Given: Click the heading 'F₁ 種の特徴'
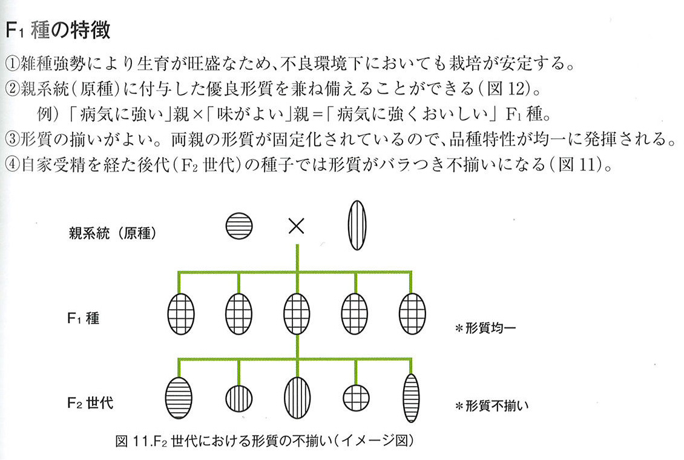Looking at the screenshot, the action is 58,30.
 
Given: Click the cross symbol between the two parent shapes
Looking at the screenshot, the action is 296,226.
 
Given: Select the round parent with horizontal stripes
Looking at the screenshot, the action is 239,226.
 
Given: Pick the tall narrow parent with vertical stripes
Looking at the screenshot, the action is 357,225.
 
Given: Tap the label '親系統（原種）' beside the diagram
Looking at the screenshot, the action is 113,233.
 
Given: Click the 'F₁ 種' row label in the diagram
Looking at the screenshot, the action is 84,318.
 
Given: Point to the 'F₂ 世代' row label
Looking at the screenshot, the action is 90,402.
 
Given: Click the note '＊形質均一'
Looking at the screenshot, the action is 485,328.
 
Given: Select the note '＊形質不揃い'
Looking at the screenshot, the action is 492,406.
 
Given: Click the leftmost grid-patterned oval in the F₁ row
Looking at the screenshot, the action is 181,314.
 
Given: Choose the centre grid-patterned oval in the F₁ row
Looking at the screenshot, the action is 297,314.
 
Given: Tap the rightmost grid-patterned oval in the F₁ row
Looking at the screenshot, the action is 412,314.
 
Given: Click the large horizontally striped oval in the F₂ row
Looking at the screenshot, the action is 179,398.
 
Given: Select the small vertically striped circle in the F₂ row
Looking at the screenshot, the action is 239,398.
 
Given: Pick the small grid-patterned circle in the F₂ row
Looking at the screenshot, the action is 356,398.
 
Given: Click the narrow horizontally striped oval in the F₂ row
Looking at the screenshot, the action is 411,398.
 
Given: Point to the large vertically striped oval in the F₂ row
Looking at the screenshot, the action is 297,398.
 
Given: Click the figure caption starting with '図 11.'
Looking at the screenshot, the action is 265,441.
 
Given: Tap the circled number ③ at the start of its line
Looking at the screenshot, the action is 12,139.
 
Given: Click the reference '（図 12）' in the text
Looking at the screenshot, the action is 505,88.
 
